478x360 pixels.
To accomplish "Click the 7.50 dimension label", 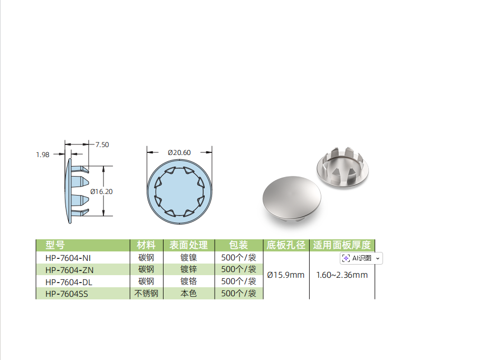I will pyautogui.click(x=102, y=144).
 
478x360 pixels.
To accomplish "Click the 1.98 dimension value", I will pyautogui.click(x=43, y=154).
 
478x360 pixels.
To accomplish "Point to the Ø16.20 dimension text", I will pyautogui.click(x=101, y=191).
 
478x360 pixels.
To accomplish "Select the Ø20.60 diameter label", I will pyautogui.click(x=179, y=152).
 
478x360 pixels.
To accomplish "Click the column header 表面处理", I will pyautogui.click(x=188, y=245).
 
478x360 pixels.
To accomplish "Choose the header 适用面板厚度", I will pyautogui.click(x=342, y=245).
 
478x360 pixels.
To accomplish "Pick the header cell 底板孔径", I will pyautogui.click(x=286, y=245).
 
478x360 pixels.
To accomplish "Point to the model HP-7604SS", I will pyautogui.click(x=66, y=294).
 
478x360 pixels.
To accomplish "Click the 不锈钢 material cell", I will pyautogui.click(x=146, y=294).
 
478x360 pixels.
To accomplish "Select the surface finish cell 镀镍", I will pyautogui.click(x=188, y=258).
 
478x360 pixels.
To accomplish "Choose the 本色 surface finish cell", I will pyautogui.click(x=188, y=294).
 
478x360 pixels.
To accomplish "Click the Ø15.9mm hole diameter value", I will pyautogui.click(x=286, y=275).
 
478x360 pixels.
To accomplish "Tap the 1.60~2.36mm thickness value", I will pyautogui.click(x=342, y=275).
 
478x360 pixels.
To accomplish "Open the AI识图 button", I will pyautogui.click(x=361, y=258).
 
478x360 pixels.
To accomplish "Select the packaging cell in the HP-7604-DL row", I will pyautogui.click(x=238, y=281).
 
